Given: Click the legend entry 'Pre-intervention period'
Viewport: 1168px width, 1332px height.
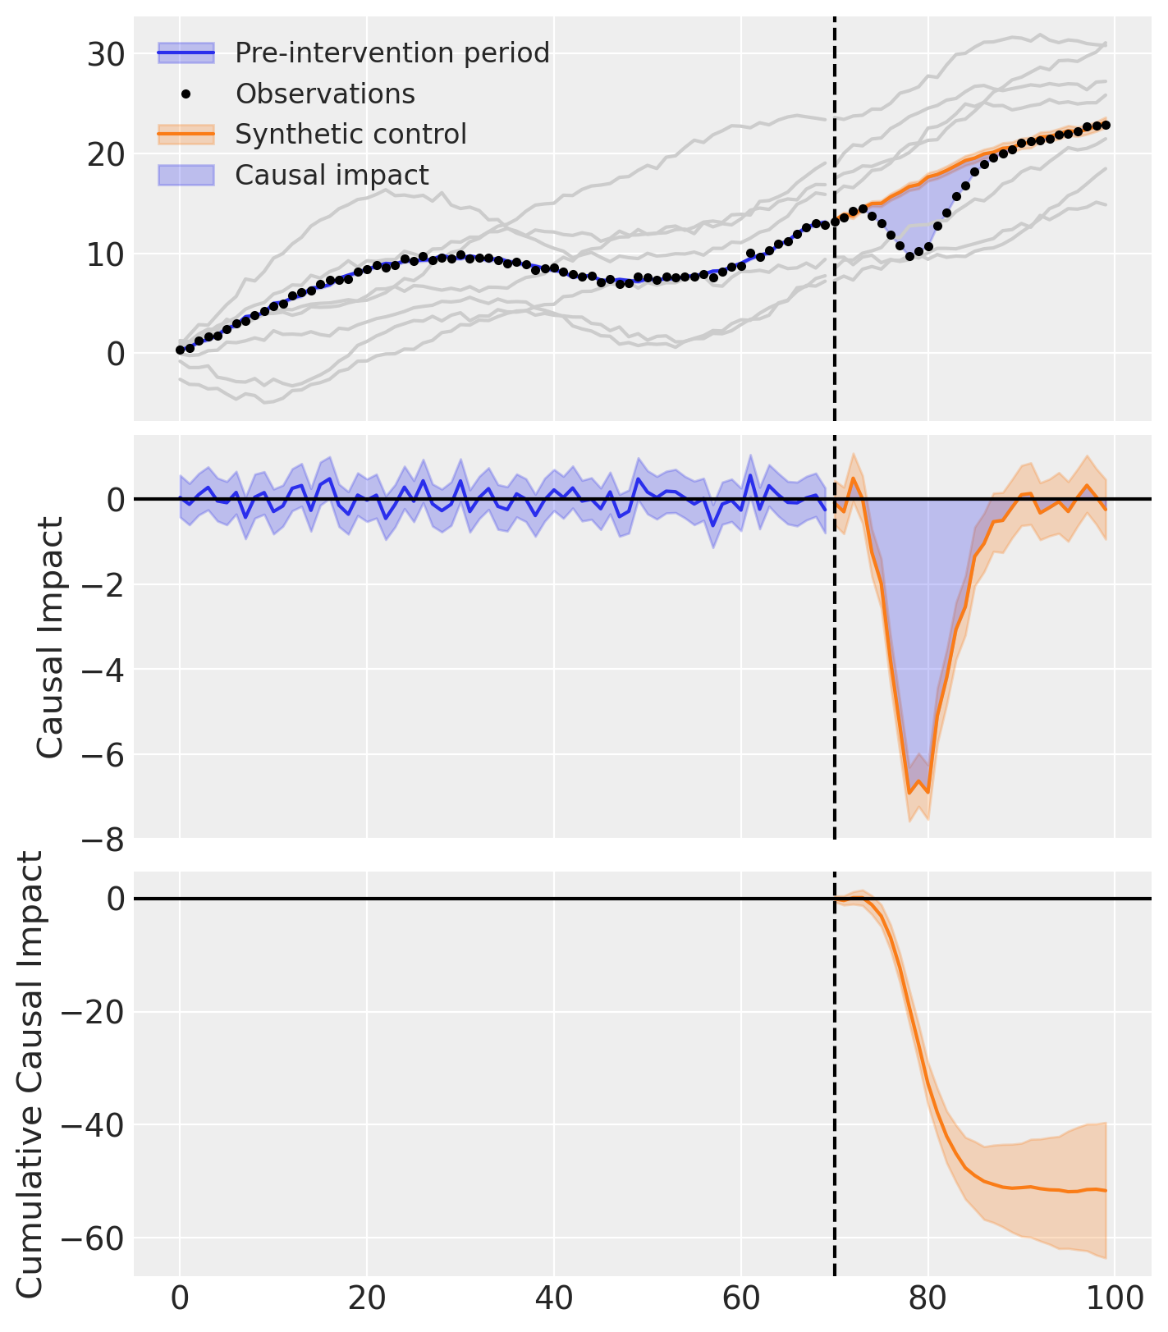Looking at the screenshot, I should [x=392, y=53].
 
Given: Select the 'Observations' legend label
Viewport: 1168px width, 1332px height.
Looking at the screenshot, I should [x=325, y=94].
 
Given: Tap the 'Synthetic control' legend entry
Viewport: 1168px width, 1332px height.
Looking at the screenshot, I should [x=350, y=135].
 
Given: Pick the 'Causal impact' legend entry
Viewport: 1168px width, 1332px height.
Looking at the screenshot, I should [x=332, y=176].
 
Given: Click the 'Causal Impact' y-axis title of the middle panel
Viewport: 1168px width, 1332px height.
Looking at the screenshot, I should [x=51, y=638].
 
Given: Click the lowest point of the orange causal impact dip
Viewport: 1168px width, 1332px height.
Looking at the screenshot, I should [x=909, y=793].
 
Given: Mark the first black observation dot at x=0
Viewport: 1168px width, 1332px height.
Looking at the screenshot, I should [x=180, y=350].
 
